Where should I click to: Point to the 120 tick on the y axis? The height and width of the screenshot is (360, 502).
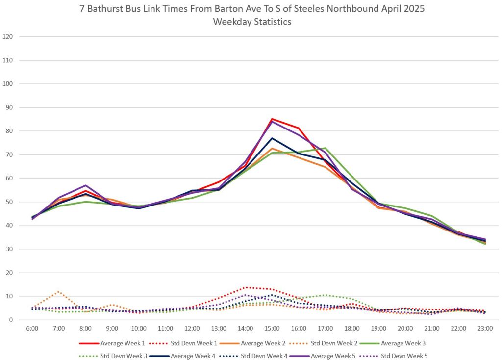point(8,37)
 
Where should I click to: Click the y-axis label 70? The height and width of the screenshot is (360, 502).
point(8,154)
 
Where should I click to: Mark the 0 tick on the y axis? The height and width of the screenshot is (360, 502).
point(10,320)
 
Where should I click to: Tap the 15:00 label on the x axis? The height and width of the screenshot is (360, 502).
point(272,328)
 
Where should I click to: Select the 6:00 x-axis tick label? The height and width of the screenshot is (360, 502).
point(32,328)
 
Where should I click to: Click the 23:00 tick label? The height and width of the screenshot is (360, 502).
point(485,328)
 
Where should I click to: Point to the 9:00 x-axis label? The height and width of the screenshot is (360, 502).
point(112,328)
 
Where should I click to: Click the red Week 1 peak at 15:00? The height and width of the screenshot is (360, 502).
point(272,119)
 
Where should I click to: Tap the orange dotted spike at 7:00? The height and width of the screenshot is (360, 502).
point(59,292)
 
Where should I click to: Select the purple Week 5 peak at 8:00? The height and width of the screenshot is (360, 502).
point(86,185)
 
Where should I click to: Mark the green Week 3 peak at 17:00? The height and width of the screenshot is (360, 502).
point(325,148)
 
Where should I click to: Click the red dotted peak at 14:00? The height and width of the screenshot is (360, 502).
point(246,287)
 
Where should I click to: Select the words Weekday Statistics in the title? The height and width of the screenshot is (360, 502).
point(251,22)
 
